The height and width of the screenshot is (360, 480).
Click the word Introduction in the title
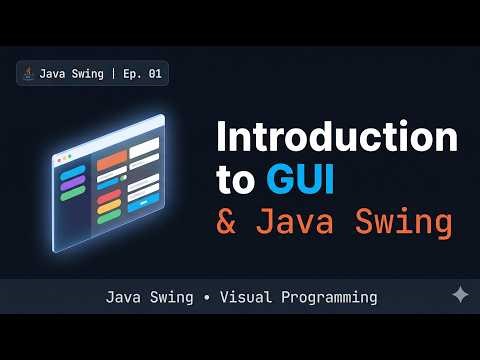337,138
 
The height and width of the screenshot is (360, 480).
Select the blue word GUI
296,180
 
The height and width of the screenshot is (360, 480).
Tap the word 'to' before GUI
237,180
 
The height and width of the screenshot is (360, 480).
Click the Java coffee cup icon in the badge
29,73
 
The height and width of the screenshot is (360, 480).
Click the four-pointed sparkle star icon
460,295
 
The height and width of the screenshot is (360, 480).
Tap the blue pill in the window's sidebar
73,173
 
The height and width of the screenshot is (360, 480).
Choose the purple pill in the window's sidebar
73,184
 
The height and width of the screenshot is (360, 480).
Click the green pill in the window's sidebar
71,195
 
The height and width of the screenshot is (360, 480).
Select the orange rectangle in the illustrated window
113,159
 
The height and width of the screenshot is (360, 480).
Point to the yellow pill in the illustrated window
110,204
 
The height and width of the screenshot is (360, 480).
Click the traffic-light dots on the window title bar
62,158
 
